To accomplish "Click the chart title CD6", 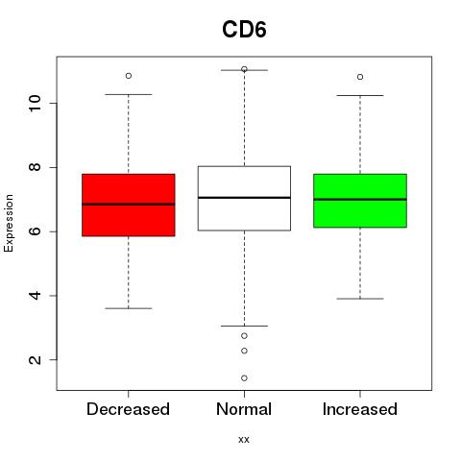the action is click(x=244, y=30).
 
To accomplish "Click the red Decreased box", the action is click(x=129, y=205).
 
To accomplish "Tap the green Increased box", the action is click(x=360, y=201).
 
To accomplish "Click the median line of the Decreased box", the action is click(x=129, y=204).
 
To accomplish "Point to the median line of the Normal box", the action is click(x=244, y=198).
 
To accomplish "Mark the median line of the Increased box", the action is click(x=360, y=199).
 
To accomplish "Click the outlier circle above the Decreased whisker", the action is click(x=129, y=76).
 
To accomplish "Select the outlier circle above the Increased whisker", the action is click(x=360, y=77).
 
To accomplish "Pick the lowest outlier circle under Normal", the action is click(x=244, y=378).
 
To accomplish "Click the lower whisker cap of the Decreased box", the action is click(x=129, y=308).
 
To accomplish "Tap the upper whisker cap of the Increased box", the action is click(x=360, y=95).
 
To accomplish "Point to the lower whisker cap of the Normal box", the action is click(x=244, y=326).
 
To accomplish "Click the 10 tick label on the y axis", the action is click(x=35, y=103).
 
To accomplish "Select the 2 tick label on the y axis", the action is click(x=35, y=360).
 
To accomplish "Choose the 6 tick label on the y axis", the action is click(x=35, y=231).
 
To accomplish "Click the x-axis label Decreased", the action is click(x=128, y=409).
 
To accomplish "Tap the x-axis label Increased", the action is click(x=360, y=409).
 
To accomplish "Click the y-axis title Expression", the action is click(x=9, y=223).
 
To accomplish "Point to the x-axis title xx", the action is click(x=244, y=440).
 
